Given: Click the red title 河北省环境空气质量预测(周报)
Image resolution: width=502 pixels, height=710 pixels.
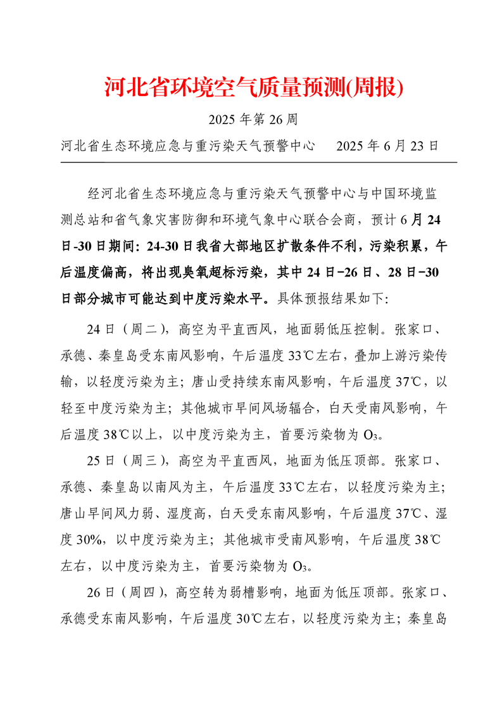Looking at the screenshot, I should (253, 87).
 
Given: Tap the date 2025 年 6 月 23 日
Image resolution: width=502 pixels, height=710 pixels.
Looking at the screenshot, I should (387, 146).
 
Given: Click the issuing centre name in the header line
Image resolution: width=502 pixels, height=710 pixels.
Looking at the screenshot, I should (189, 146).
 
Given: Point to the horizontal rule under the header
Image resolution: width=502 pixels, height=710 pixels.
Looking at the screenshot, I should (258, 163).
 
